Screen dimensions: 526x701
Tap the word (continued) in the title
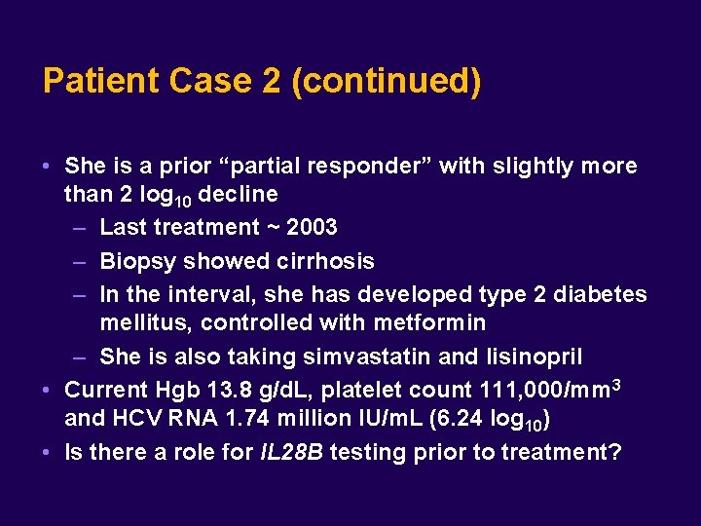pyautogui.click(x=386, y=81)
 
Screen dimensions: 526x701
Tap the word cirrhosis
pyautogui.click(x=324, y=262)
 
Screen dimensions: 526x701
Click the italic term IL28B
pyautogui.click(x=296, y=453)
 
